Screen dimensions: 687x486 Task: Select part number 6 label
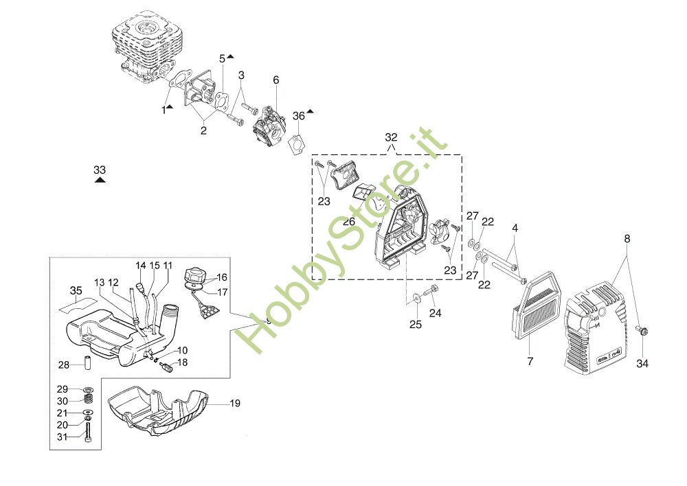[x=276, y=80]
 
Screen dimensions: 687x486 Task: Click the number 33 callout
[x=100, y=169]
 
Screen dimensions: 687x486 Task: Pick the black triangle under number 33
[x=100, y=180]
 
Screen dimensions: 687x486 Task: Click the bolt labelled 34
[x=642, y=332]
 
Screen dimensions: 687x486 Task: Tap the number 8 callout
[x=627, y=239]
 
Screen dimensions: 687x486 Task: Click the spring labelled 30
[x=88, y=400]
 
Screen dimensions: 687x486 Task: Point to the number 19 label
[x=235, y=404]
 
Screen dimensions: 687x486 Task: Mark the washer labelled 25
[x=417, y=299]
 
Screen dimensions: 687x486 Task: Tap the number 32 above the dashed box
[x=391, y=137]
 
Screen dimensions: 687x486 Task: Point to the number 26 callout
[x=349, y=222]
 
